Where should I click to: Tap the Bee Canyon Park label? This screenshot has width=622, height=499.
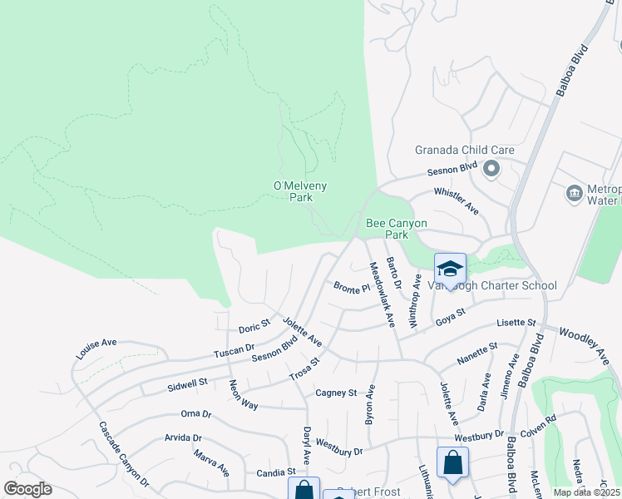tap(397, 230)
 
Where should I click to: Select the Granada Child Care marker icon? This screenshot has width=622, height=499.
tap(491, 170)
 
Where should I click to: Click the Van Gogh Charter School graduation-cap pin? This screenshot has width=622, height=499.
tap(450, 269)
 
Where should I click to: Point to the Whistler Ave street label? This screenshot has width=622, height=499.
tap(457, 201)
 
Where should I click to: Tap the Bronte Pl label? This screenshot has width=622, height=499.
tap(352, 289)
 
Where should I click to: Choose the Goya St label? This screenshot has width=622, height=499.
tap(448, 315)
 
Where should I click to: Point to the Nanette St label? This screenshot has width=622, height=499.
tap(477, 353)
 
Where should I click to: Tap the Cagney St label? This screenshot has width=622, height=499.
tap(335, 393)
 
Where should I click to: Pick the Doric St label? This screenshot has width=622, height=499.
tap(254, 324)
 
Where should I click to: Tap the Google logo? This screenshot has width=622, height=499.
tap(27, 489)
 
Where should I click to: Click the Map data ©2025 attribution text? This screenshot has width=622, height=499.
tap(586, 492)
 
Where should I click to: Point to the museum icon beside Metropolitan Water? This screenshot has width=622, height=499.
tap(574, 194)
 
